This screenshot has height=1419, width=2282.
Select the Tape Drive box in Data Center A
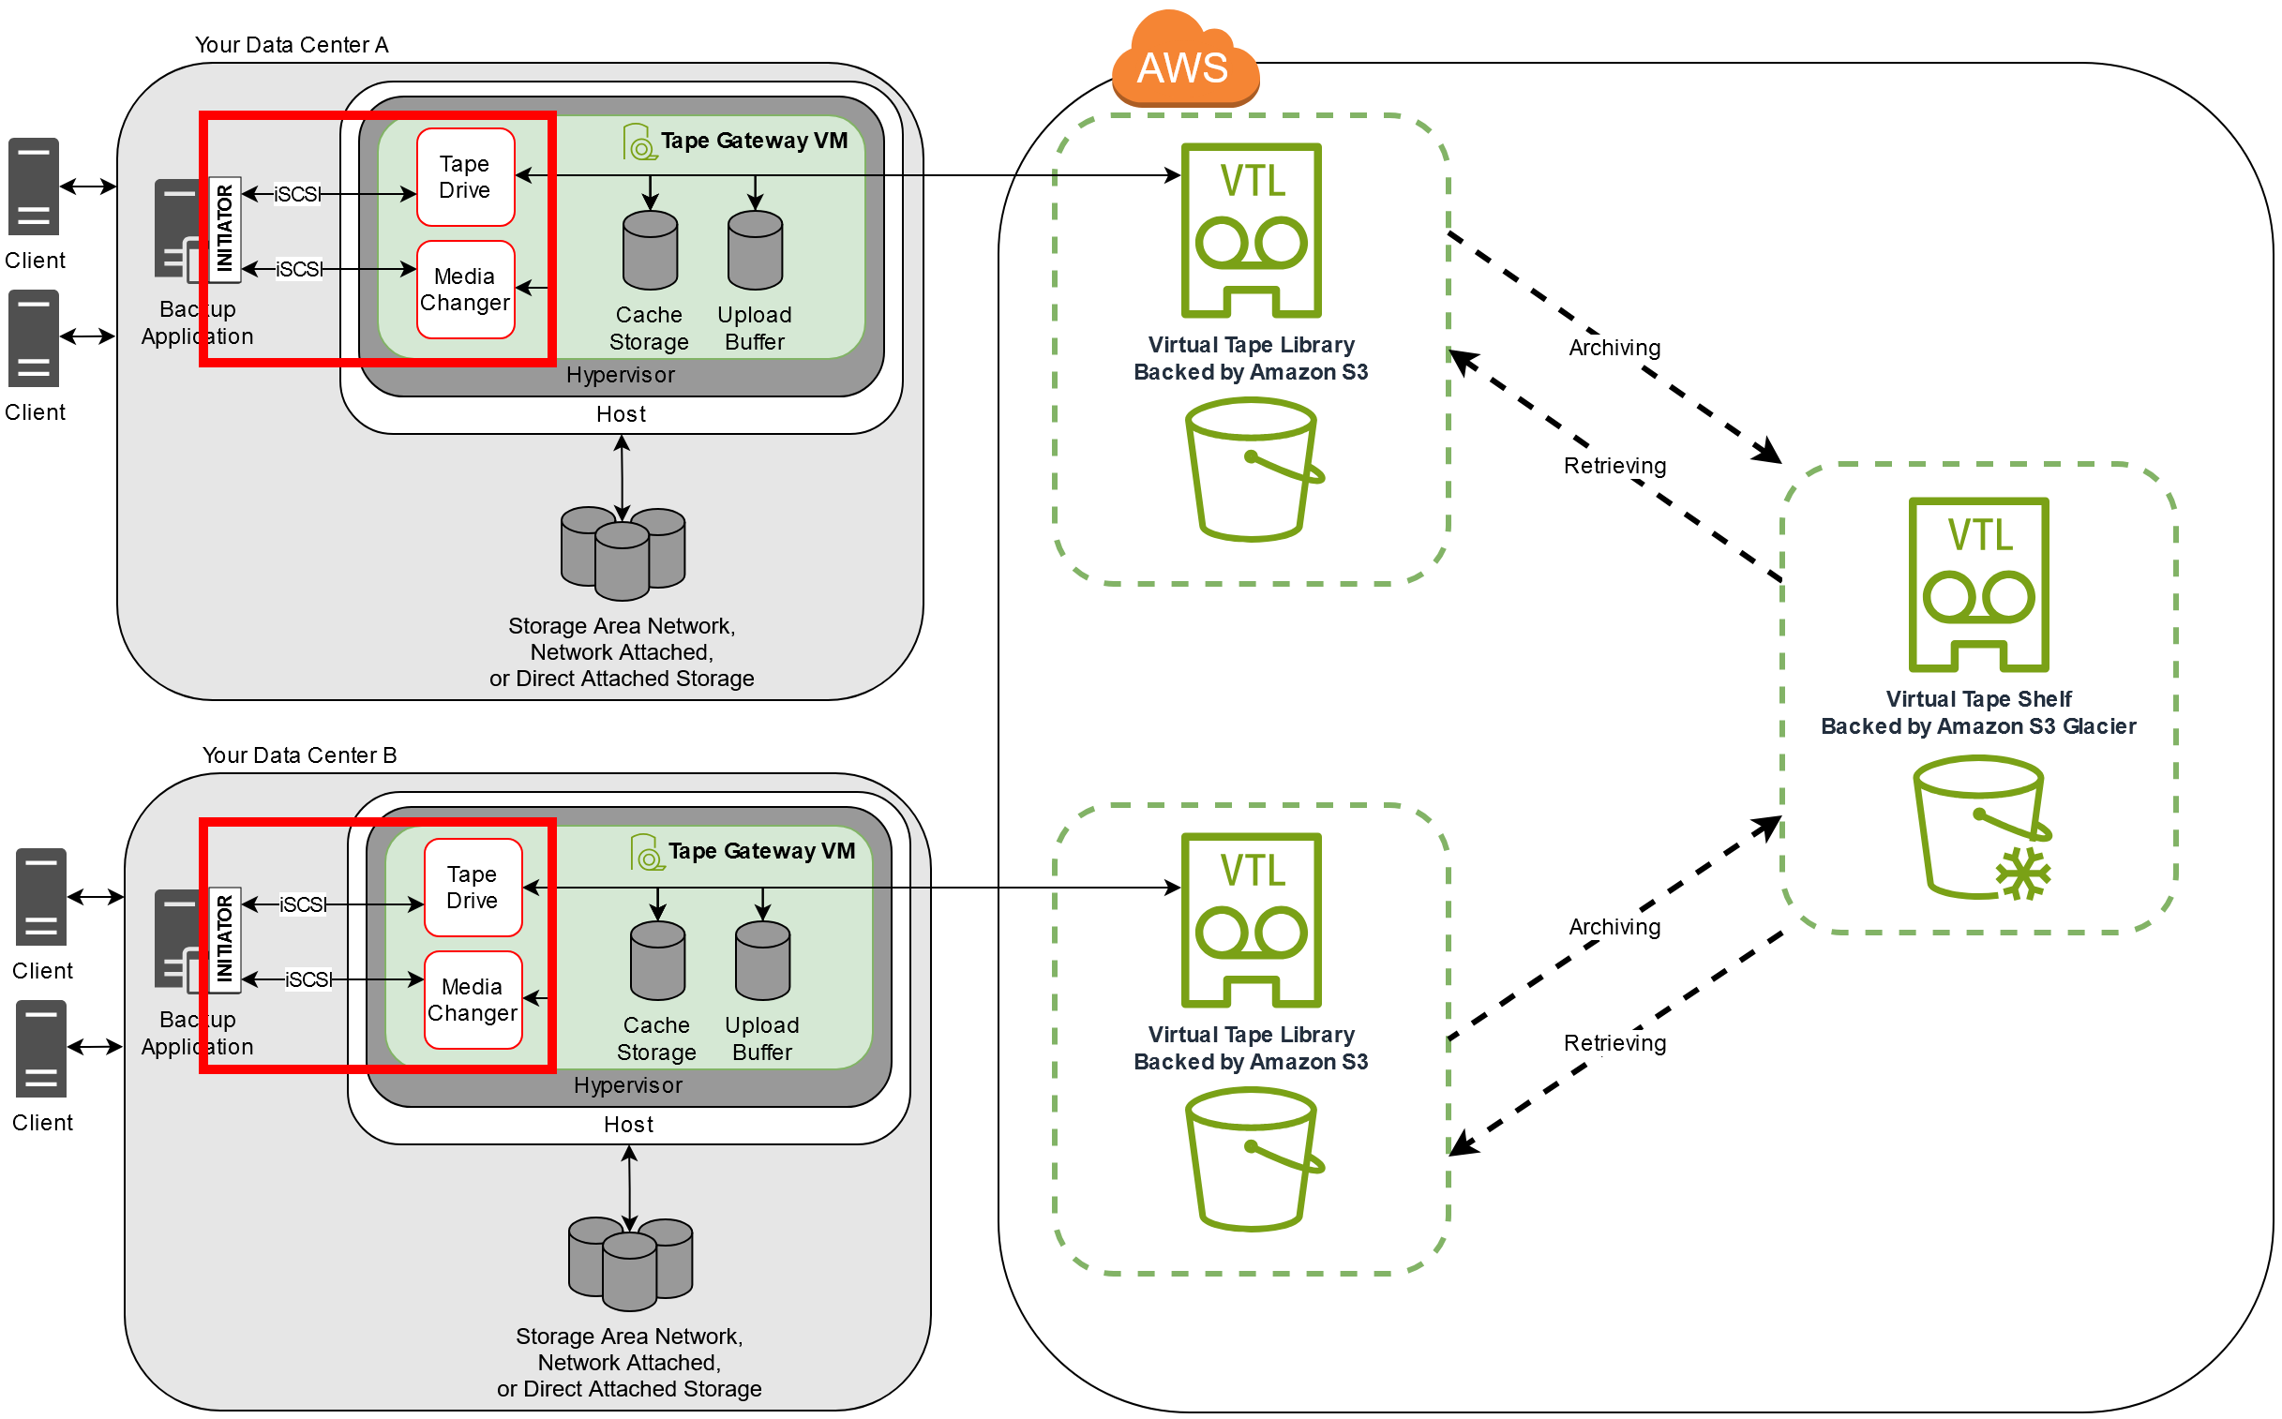tap(466, 177)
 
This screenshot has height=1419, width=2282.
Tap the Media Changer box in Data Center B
tap(473, 999)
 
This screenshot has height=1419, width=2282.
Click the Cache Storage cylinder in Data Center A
tap(650, 250)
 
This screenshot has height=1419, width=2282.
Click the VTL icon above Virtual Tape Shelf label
tap(1978, 585)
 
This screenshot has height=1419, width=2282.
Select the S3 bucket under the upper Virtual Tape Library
tap(1253, 470)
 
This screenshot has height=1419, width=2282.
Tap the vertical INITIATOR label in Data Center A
tap(224, 230)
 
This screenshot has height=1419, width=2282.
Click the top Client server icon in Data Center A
tap(34, 186)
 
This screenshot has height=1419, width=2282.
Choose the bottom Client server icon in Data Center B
tap(41, 1048)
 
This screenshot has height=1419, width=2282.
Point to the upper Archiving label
tap(1614, 348)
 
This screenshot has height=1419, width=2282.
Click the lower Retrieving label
tap(1614, 1043)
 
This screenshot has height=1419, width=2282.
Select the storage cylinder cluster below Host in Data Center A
tap(623, 554)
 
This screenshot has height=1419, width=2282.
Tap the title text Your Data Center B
tap(299, 755)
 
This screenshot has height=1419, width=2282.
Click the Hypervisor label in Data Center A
tap(621, 376)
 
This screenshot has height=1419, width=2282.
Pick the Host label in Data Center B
tap(628, 1125)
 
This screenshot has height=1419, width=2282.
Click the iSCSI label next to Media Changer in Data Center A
tap(298, 269)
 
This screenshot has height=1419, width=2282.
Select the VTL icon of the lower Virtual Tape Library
tap(1251, 919)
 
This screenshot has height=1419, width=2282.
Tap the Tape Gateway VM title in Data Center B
tap(760, 851)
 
